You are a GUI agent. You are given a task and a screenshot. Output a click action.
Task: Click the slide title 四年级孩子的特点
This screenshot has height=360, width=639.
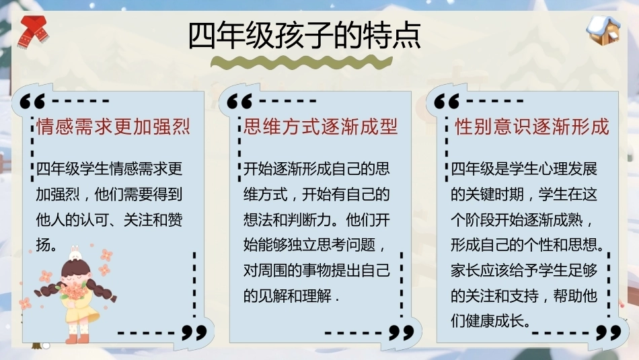pos(305,36)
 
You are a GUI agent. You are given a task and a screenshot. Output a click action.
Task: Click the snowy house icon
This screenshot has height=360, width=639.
pos(603,30)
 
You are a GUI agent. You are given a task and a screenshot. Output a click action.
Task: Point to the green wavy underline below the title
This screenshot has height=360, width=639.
pos(301,63)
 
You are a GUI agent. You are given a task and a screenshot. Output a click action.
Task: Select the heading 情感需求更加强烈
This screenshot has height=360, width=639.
pos(113,127)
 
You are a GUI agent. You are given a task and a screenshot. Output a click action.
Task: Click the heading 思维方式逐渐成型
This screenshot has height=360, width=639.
pos(321,127)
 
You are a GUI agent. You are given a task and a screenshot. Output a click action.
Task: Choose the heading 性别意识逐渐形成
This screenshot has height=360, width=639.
pos(532,127)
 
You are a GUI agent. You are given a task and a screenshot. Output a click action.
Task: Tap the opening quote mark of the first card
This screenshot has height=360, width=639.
pos(32,101)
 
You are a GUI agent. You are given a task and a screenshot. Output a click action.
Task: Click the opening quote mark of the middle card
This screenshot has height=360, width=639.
pos(239,101)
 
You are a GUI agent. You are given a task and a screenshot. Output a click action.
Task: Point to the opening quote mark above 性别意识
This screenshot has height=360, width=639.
pos(447,101)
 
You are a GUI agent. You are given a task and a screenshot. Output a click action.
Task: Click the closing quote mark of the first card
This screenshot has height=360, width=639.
pos(194,332)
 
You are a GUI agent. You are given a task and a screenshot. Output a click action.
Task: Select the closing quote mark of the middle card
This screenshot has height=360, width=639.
pos(402,332)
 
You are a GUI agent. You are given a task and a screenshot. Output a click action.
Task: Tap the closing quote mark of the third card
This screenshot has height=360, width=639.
pos(609,332)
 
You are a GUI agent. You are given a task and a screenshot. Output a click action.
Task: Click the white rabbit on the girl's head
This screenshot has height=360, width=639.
pos(75,254)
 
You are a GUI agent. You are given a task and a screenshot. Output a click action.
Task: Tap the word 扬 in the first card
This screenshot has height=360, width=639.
pos(43,245)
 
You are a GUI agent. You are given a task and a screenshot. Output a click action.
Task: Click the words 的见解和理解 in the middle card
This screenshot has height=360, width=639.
pos(287,295)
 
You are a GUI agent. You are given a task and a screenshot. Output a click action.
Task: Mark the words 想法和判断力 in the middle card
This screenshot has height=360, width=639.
pos(287,220)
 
